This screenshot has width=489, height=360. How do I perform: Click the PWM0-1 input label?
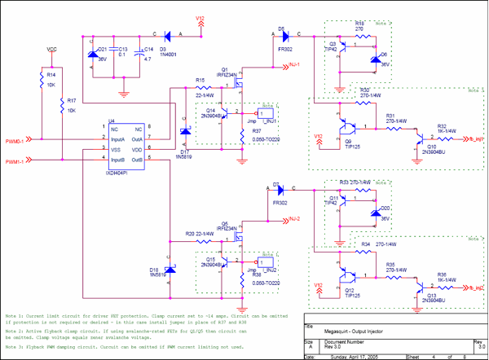(15, 139)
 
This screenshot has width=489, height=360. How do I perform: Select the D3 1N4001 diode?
(167, 36)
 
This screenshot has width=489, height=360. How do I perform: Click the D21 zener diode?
(92, 57)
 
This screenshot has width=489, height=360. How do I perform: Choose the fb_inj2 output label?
(473, 288)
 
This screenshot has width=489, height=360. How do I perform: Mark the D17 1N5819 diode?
(184, 134)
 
